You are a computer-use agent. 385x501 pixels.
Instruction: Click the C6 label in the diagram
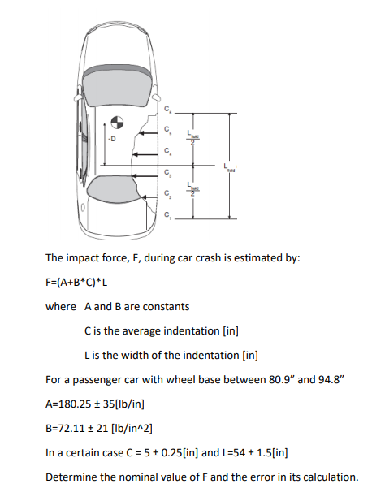click(x=168, y=108)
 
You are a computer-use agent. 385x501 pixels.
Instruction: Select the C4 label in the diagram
click(x=168, y=151)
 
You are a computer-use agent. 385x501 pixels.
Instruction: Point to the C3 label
click(x=168, y=173)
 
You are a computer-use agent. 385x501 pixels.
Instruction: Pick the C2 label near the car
click(x=168, y=194)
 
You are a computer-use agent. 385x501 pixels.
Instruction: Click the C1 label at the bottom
click(x=168, y=216)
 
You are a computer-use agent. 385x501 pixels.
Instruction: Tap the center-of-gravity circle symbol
click(x=118, y=123)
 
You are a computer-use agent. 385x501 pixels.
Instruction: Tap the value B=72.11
click(x=69, y=426)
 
